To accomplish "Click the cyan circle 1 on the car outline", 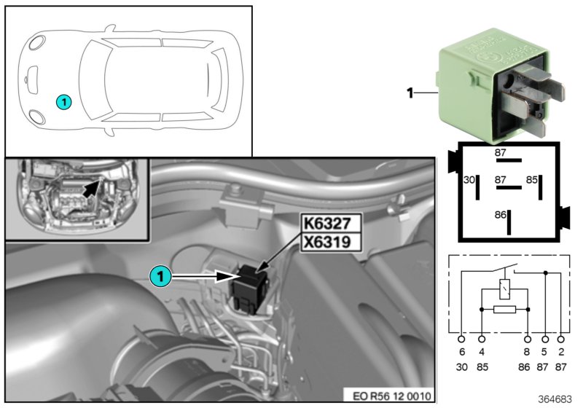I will (63, 102).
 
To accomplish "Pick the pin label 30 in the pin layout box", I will (469, 178).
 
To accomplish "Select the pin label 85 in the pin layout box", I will (532, 178).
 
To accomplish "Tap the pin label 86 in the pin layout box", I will (500, 216).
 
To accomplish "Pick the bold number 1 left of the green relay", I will (410, 93).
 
